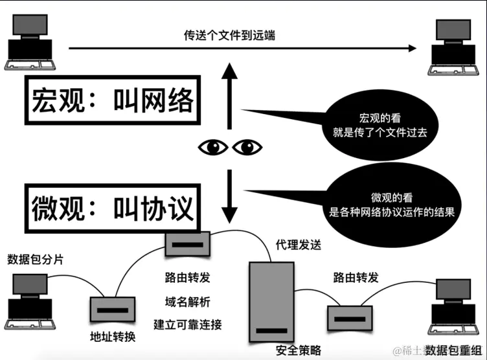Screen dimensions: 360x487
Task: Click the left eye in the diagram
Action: (x=212, y=148)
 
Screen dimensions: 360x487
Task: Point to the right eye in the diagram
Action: (x=247, y=148)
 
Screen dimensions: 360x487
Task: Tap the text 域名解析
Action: (x=187, y=301)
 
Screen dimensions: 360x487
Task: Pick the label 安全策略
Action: (x=299, y=350)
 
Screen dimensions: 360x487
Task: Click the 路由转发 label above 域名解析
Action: (x=187, y=279)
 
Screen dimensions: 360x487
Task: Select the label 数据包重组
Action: (x=453, y=350)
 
